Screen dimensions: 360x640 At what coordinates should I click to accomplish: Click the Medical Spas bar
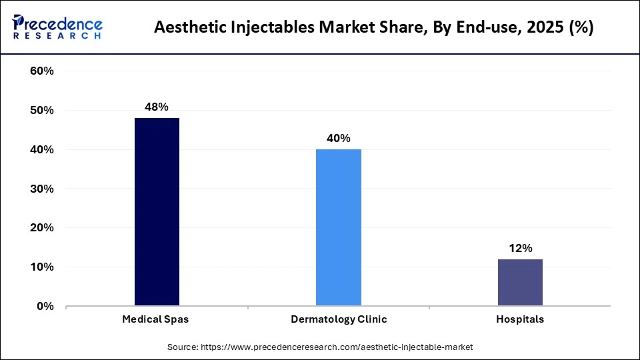[x=157, y=212]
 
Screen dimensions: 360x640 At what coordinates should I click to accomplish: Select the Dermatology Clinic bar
[x=339, y=227]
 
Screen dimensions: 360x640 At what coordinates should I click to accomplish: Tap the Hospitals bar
[x=520, y=283]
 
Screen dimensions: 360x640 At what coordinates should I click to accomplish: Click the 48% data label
[x=157, y=107]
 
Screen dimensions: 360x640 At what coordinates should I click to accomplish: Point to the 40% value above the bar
[x=339, y=138]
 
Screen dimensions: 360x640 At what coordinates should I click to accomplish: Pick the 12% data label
[x=520, y=248]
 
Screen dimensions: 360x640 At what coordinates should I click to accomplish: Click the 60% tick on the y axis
[x=41, y=71]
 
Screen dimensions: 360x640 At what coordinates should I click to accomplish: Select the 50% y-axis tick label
[x=41, y=111]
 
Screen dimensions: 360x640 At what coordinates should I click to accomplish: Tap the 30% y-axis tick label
[x=41, y=189]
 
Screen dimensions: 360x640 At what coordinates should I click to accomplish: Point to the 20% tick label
[x=41, y=228]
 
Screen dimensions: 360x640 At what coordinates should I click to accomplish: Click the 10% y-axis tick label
[x=41, y=267]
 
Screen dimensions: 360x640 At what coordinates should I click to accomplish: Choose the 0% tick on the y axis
[x=45, y=307]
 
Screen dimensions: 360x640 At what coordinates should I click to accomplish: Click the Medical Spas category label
[x=155, y=319]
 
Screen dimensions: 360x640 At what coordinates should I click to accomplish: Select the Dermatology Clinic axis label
[x=339, y=319]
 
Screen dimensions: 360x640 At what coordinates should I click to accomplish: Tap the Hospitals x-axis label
[x=520, y=319]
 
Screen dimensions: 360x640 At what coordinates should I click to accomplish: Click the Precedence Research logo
[x=57, y=27]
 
